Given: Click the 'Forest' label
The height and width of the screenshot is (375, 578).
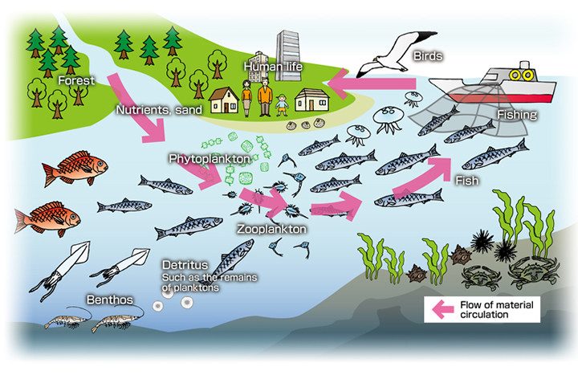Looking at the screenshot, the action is [x=76, y=80].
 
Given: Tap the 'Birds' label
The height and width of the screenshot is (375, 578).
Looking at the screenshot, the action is [x=428, y=56].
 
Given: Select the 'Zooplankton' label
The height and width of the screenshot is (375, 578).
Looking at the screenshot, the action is [x=271, y=229].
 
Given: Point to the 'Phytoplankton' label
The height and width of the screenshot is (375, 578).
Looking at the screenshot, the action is [x=210, y=158].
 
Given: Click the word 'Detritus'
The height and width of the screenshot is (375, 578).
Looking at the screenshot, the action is [x=185, y=265].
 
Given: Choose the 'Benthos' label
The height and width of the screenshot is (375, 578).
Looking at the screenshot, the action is [x=110, y=300].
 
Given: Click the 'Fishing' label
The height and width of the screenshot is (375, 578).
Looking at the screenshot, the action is [x=517, y=115].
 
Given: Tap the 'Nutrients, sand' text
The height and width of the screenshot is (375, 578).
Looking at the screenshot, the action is [x=159, y=110].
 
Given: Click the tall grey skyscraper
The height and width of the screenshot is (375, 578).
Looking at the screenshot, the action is [x=288, y=55].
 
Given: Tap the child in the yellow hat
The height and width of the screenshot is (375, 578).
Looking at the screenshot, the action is [x=282, y=105].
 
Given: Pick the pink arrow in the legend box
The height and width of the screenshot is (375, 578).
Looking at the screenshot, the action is [x=442, y=309].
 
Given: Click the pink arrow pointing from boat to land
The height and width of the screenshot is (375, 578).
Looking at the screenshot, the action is [x=372, y=84].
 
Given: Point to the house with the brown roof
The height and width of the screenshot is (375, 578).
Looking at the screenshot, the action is [x=224, y=100].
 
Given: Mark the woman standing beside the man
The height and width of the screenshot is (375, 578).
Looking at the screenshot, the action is [x=246, y=98].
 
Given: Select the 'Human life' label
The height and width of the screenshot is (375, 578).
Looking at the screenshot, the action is [x=273, y=67].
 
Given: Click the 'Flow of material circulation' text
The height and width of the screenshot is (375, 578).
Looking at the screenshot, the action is [x=497, y=310].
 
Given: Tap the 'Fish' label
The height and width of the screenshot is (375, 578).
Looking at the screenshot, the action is [x=467, y=181].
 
